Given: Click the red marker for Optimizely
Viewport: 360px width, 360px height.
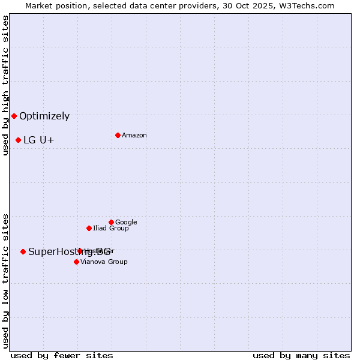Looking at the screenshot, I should click(14, 116).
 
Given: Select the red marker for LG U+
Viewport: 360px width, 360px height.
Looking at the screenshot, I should click(18, 140).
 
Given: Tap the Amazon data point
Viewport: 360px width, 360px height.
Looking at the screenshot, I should click(118, 135).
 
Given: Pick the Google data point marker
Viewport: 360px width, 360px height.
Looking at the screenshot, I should click(111, 222).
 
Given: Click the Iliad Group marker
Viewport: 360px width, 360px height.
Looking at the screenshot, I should click(89, 228).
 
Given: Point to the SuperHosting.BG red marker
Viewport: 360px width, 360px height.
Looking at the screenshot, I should click(23, 251).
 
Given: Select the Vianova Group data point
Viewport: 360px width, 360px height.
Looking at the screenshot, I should click(76, 262).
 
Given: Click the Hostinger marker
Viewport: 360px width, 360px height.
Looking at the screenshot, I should click(80, 251).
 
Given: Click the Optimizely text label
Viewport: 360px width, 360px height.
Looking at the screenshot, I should click(44, 116).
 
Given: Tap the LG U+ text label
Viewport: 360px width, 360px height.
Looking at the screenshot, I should click(39, 140).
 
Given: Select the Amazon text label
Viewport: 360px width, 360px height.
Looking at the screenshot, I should click(134, 136).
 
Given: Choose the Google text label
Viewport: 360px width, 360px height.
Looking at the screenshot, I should click(126, 223).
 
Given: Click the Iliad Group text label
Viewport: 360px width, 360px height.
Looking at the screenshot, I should click(111, 229).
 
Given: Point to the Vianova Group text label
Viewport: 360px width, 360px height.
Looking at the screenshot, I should click(104, 262).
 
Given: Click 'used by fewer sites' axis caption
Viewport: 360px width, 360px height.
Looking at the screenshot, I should click(62, 355).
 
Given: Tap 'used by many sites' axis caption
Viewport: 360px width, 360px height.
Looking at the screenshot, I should click(301, 355).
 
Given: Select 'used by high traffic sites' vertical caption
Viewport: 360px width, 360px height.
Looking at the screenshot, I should click(6, 85).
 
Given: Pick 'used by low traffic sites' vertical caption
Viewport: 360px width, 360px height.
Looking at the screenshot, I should click(6, 281).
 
